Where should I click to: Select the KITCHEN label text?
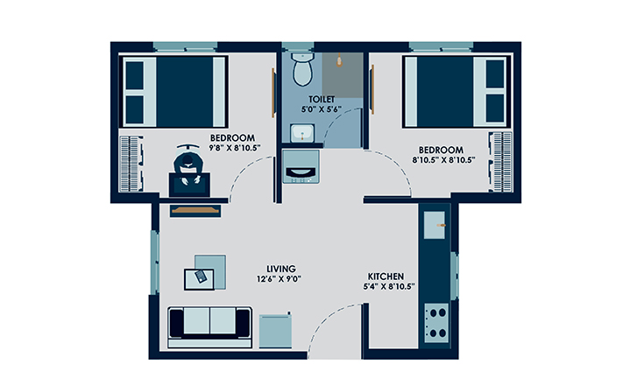[x=385, y=275]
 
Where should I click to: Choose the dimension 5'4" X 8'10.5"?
[x=388, y=286]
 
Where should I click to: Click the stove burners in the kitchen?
[x=435, y=321]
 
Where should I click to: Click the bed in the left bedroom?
[x=174, y=92]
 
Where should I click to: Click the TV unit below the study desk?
[x=191, y=210]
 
